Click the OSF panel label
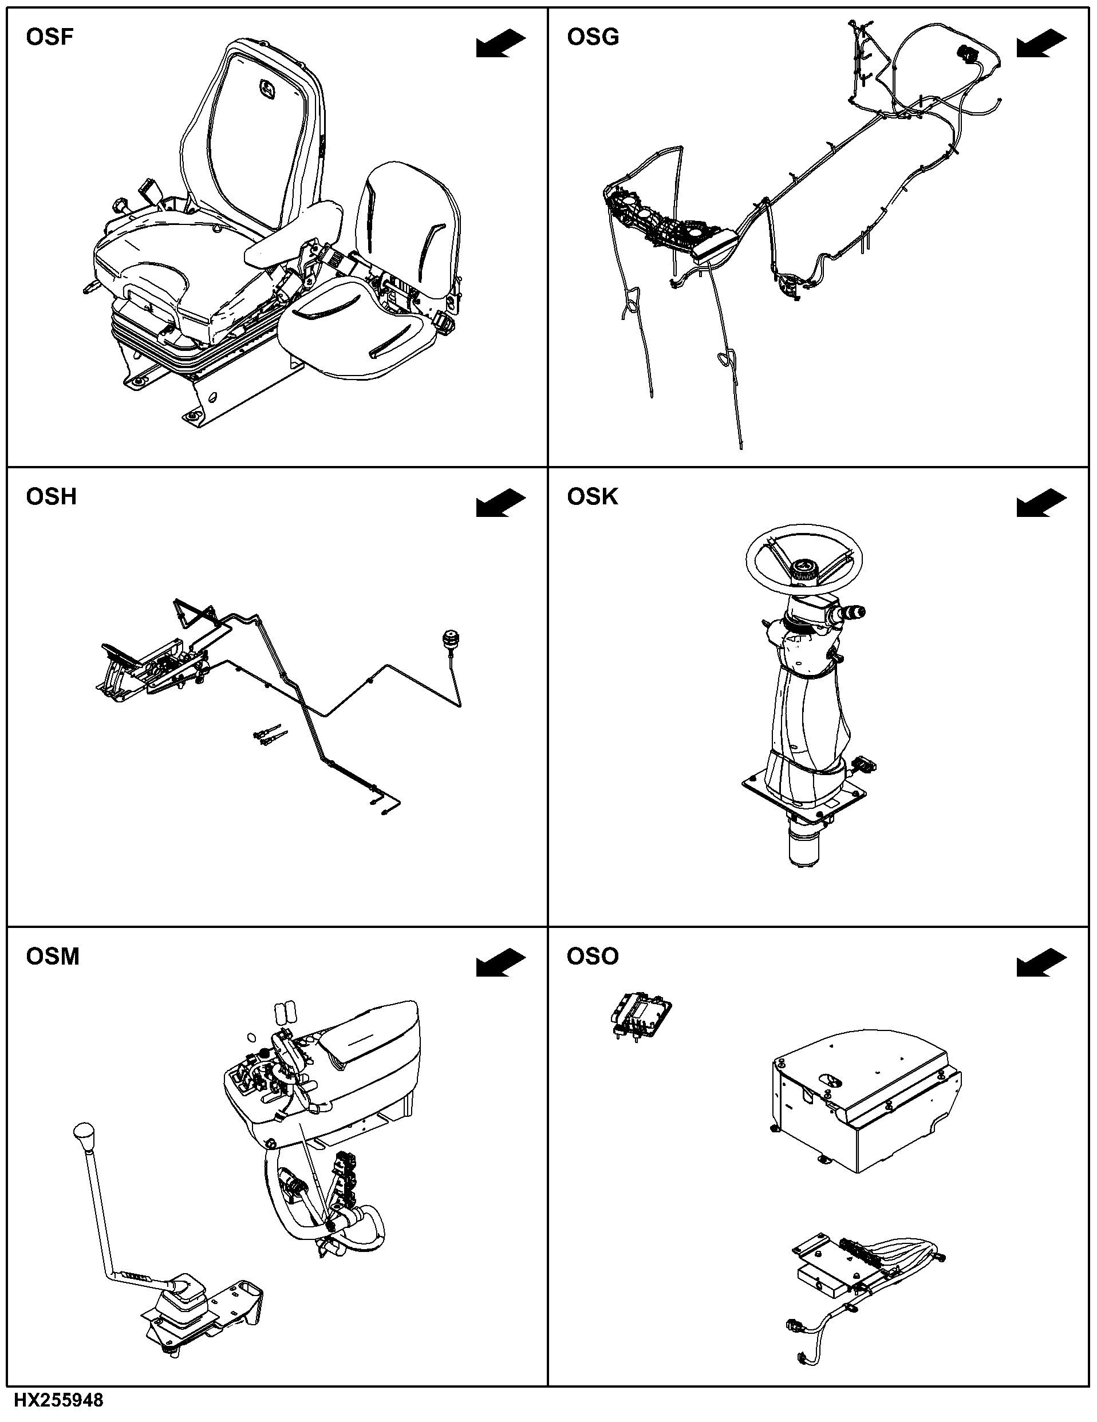[x=49, y=37]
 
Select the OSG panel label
[x=593, y=37]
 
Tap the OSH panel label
[x=51, y=497]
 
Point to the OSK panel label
[x=592, y=497]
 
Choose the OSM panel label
[x=52, y=957]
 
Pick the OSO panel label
[x=593, y=957]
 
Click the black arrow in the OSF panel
[x=500, y=44]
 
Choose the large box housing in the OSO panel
[x=866, y=1100]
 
